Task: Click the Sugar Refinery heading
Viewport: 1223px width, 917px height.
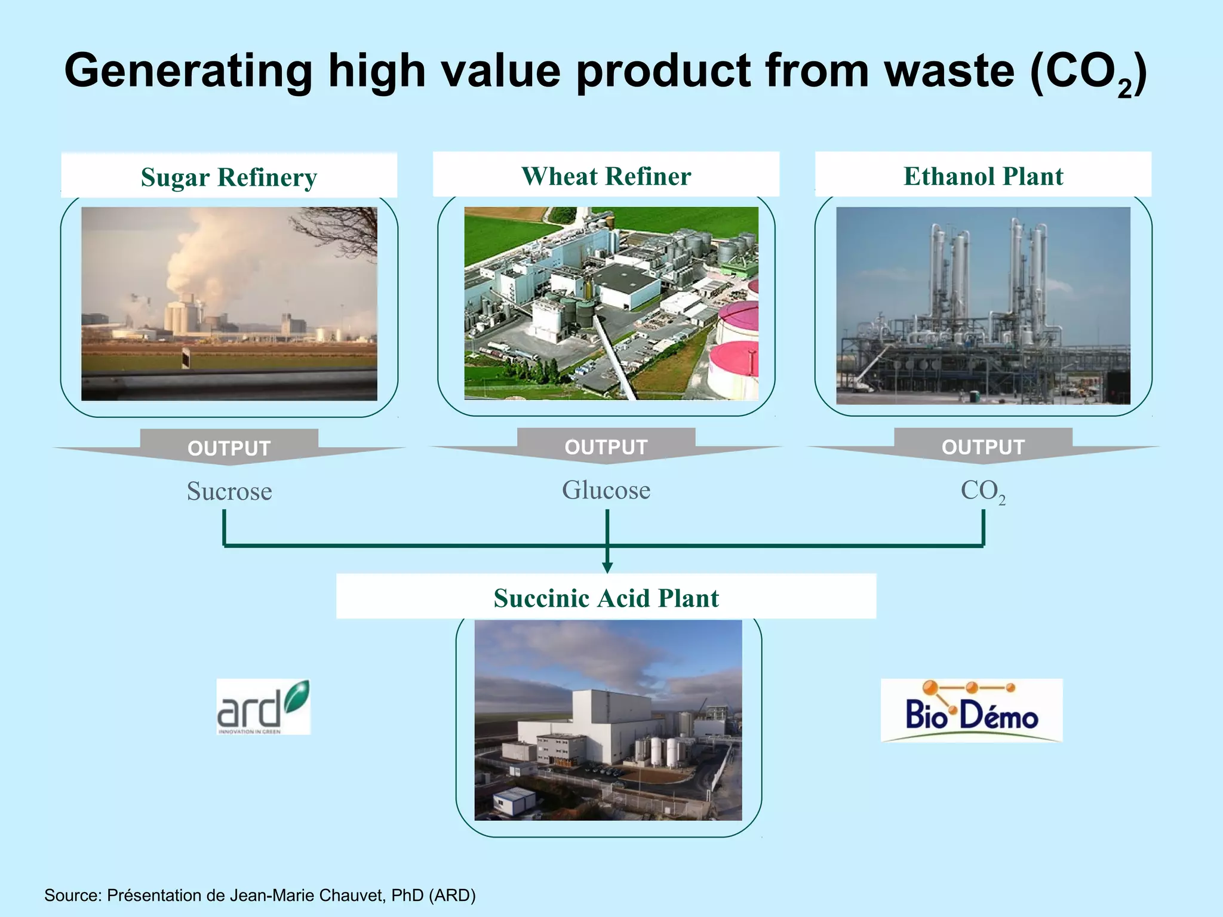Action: pyautogui.click(x=229, y=177)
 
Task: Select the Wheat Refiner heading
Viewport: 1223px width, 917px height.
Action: pyautogui.click(x=606, y=176)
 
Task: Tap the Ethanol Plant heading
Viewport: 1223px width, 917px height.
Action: pyautogui.click(x=983, y=176)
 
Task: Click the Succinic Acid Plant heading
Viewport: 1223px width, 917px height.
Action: pyautogui.click(x=606, y=598)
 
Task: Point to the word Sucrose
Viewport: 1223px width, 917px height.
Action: pyautogui.click(x=229, y=491)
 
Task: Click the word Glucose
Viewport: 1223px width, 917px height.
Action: pyautogui.click(x=606, y=490)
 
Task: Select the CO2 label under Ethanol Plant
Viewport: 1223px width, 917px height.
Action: pyautogui.click(x=982, y=491)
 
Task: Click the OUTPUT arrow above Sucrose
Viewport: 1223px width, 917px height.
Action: pyautogui.click(x=229, y=448)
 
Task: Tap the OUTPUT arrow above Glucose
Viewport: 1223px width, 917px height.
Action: pyautogui.click(x=606, y=447)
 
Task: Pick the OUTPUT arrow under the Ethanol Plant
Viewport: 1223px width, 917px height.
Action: pyautogui.click(x=983, y=447)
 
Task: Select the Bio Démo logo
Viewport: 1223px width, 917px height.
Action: pyautogui.click(x=972, y=710)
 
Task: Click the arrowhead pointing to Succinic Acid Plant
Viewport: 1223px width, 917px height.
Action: pyautogui.click(x=607, y=567)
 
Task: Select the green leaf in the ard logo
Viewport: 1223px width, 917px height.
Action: pyautogui.click(x=297, y=696)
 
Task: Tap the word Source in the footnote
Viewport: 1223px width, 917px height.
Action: pyautogui.click(x=72, y=896)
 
